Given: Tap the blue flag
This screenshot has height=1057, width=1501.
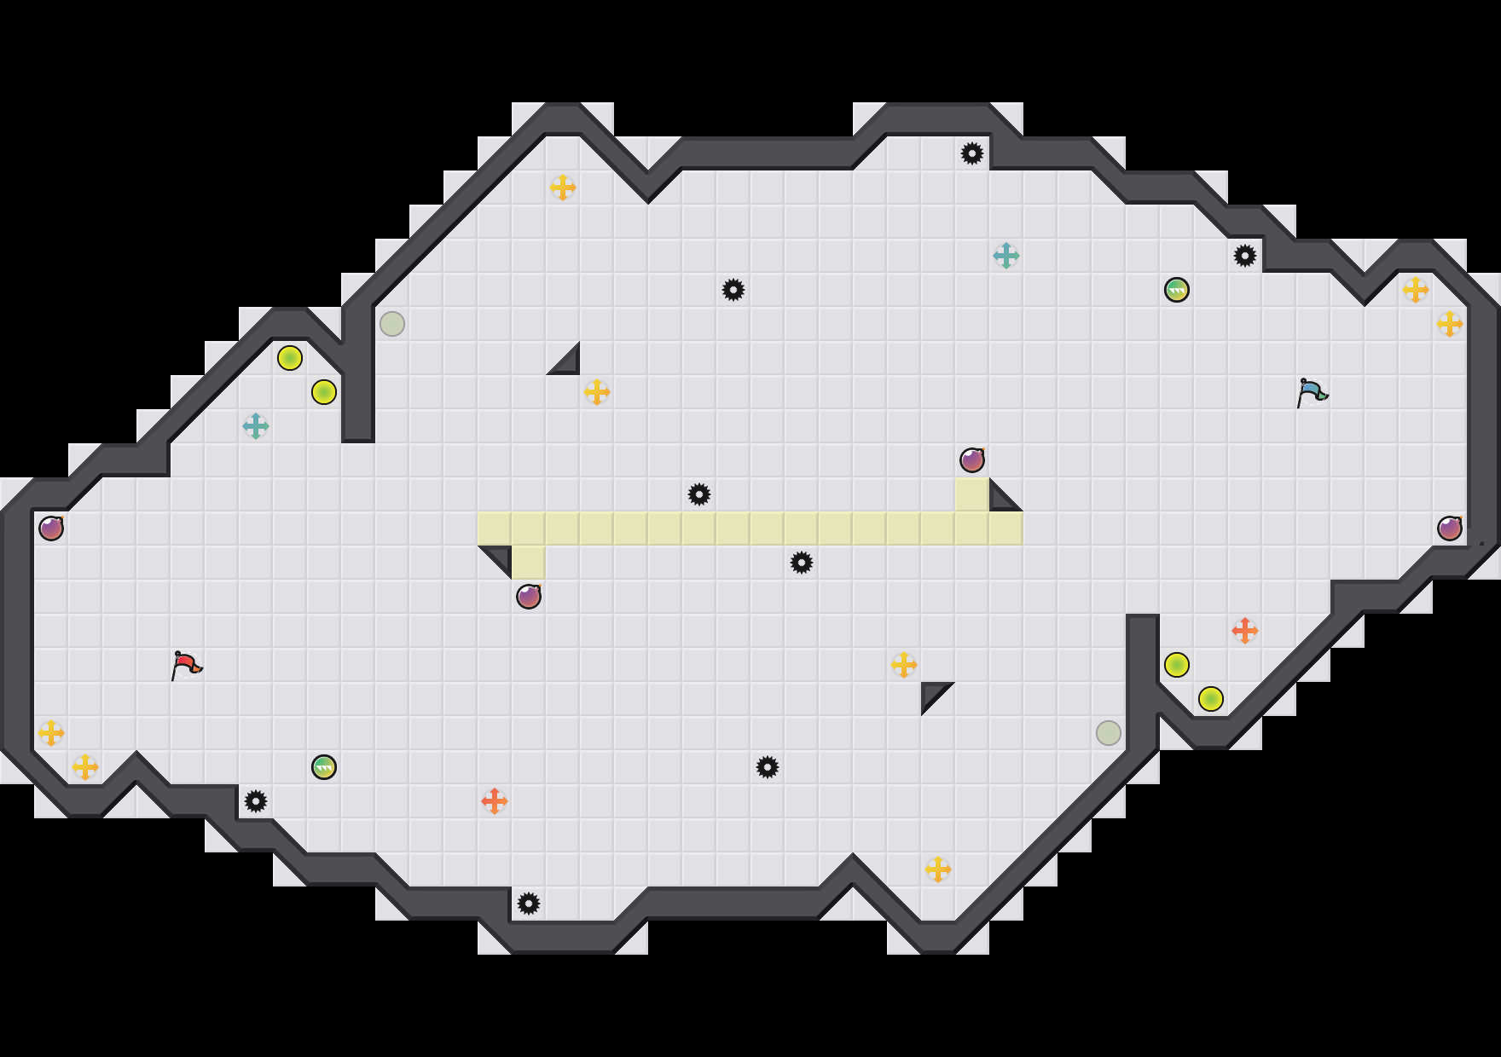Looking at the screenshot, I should (x=1312, y=392).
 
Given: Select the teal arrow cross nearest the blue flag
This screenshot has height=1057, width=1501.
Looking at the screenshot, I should (x=1006, y=256).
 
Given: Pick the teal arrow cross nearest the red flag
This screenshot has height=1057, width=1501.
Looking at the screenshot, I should (x=256, y=426).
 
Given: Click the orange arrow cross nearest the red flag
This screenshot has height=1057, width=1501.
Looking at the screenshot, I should (x=495, y=801).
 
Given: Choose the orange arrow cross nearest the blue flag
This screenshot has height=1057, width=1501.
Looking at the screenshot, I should (x=1245, y=631).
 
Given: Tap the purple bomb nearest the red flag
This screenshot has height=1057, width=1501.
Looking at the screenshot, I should (x=51, y=528).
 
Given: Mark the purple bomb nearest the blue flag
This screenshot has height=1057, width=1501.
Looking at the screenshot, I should (x=1450, y=528).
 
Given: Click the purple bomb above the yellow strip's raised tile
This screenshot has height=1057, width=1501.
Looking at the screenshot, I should (x=972, y=460).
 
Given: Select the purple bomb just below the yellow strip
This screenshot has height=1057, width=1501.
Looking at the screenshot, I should (x=529, y=597).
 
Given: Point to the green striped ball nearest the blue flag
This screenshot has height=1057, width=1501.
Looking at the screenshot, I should (x=1177, y=290).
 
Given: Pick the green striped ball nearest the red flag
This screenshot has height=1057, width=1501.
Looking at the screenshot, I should (x=324, y=767).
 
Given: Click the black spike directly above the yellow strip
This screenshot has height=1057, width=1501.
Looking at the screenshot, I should (x=699, y=494).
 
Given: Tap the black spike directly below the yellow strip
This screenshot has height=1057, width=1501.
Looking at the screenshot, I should (x=802, y=563).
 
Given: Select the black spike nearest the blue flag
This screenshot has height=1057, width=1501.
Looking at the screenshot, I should (x=1245, y=256).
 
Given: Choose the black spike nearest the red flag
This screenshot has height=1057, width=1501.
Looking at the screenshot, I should (x=256, y=801).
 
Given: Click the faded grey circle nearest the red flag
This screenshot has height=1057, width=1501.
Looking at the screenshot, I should (x=392, y=324).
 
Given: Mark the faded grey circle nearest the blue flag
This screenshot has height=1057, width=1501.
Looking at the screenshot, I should (x=1109, y=733).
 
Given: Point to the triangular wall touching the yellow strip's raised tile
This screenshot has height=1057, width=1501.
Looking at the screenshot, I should (x=1001, y=500).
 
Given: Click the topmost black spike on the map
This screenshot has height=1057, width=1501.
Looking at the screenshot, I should (x=972, y=153).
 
